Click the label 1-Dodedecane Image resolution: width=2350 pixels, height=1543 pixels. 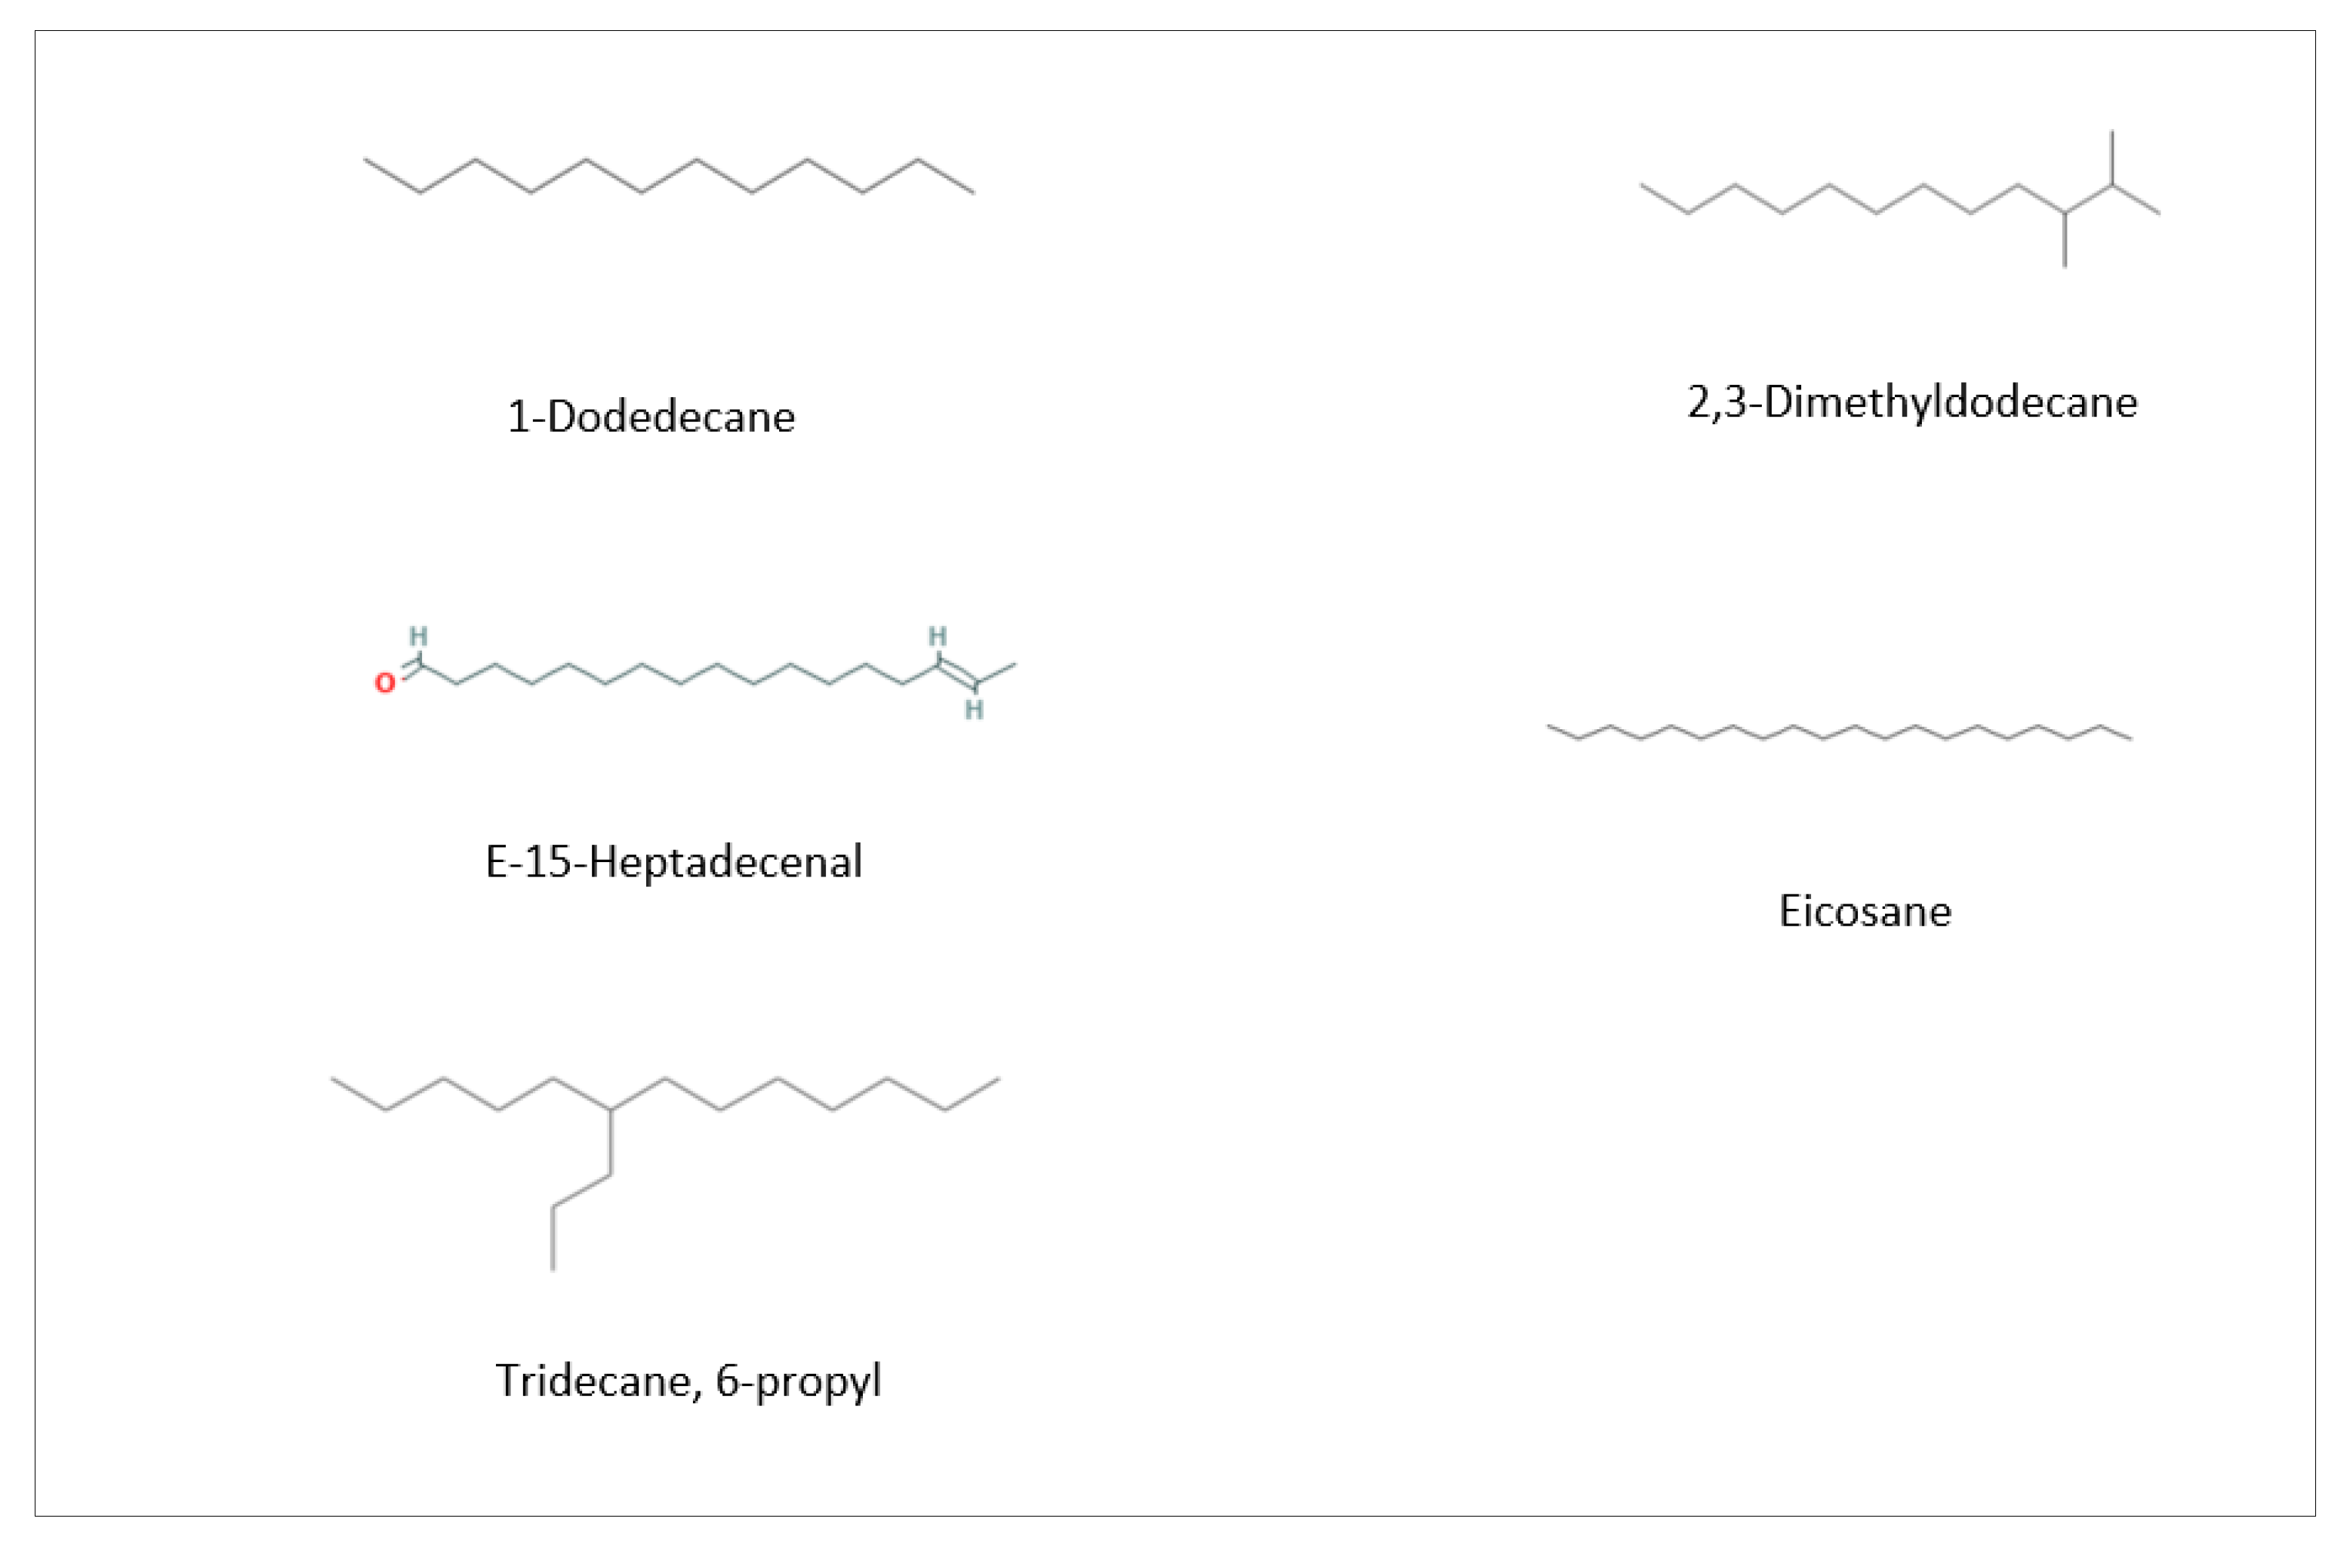tap(651, 417)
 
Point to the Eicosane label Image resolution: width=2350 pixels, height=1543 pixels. tap(1864, 911)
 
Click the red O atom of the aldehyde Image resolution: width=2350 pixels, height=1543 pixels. tap(384, 683)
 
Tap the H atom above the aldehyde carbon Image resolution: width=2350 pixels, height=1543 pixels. tap(419, 636)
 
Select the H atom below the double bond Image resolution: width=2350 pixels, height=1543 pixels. tap(974, 710)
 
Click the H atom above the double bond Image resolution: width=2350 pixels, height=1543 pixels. tap(937, 636)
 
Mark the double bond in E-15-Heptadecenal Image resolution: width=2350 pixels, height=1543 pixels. tap(956, 673)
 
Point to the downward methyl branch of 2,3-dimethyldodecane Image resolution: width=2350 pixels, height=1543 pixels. tap(2065, 240)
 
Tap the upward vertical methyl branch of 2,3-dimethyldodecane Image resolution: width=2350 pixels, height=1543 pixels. tap(2112, 156)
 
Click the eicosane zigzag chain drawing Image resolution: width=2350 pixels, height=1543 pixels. tap(1838, 732)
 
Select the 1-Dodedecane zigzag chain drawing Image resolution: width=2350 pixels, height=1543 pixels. tap(670, 176)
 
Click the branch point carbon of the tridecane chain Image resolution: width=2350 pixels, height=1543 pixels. tap(610, 1110)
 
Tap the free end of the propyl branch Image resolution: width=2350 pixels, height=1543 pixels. tap(553, 1267)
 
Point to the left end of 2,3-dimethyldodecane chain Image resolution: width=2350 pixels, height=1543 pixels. tap(1643, 185)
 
